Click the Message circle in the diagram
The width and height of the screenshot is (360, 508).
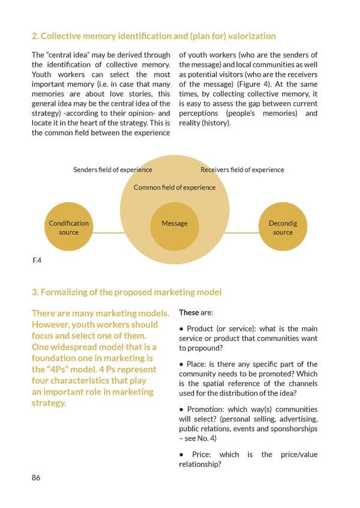[x=175, y=227]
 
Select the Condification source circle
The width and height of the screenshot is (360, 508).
[x=68, y=228]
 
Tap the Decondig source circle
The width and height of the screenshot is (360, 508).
[x=283, y=228]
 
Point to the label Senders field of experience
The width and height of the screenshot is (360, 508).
[x=113, y=170]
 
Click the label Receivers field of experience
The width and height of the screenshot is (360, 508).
[x=242, y=170]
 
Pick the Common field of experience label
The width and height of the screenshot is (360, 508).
[x=175, y=188]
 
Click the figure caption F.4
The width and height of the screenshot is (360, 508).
[x=37, y=261]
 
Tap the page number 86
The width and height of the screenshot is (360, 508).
[x=37, y=478]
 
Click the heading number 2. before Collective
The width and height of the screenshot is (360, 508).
[x=34, y=36]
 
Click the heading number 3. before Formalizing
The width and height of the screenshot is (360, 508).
[x=34, y=292]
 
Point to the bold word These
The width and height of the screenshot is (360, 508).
[x=189, y=313]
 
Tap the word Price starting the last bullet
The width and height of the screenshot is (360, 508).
[x=202, y=455]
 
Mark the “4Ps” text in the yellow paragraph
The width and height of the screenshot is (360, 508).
[x=62, y=369]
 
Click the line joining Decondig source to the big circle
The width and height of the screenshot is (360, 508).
[x=244, y=232]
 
